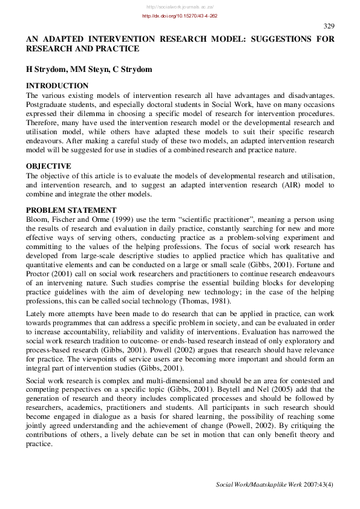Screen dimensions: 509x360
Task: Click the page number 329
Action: tap(329, 26)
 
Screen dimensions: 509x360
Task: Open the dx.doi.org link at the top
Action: tap(180, 16)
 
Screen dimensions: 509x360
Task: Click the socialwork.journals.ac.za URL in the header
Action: tap(180, 5)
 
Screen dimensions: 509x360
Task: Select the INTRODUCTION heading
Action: tap(57, 86)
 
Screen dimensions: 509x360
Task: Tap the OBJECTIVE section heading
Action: tap(48, 166)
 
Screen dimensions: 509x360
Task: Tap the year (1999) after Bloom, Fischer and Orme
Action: tap(123, 219)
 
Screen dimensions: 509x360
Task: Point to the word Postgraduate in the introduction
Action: tap(48, 105)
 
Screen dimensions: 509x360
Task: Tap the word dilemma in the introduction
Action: tap(94, 114)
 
